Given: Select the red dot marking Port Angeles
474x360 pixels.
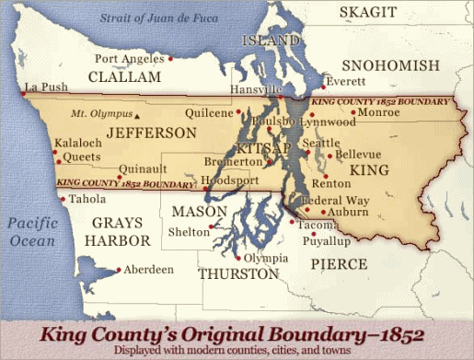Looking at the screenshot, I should coord(171,59).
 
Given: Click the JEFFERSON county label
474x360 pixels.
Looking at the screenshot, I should coord(151,134).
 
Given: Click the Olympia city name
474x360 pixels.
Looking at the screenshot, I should coord(268,259).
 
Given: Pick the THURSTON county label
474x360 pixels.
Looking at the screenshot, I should coord(238,274).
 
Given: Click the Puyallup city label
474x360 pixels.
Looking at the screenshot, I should coord(327,240).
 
